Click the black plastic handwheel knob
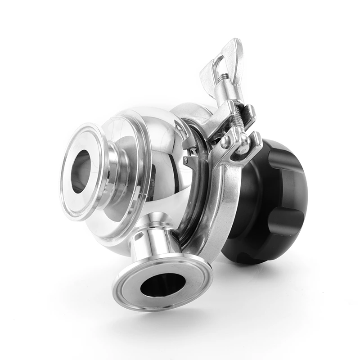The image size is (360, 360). point(270,198)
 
